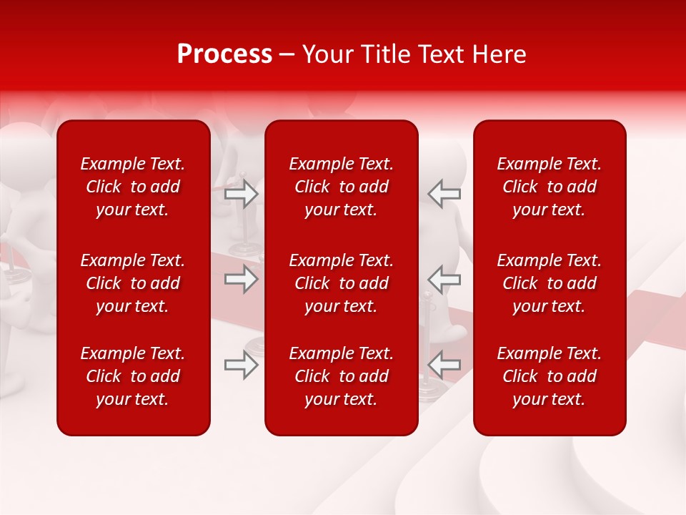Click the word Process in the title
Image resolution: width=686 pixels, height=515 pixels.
coord(224,54)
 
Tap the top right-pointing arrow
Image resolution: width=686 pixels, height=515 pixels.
coord(242,194)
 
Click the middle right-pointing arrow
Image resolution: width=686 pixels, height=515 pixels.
coord(242,279)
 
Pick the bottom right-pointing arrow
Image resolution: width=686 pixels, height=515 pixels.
coord(242,366)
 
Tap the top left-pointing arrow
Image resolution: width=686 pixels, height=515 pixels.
coord(444,194)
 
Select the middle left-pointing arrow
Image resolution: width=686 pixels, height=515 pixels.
coord(444,279)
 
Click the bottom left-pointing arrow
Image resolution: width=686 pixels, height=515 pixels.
coord(444,366)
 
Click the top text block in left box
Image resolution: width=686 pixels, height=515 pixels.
coord(133,187)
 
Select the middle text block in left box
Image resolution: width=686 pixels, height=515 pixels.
coord(133,283)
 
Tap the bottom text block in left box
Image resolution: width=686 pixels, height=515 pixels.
coord(133,376)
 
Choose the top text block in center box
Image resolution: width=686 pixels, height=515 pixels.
coord(341,187)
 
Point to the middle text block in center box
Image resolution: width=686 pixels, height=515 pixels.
coord(341,283)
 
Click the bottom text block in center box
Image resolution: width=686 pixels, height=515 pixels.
coord(341,376)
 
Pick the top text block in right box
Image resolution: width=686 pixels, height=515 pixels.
coord(549,187)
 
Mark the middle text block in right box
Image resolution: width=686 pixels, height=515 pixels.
coord(549,283)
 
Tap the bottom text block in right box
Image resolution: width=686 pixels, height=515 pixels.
coord(549,376)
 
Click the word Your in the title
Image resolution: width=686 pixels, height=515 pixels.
coord(327,54)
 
